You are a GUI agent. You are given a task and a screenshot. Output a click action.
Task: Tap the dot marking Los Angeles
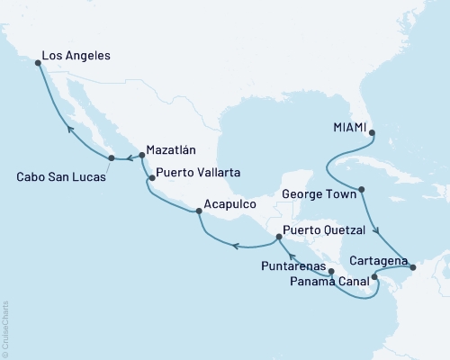click(x=37, y=63)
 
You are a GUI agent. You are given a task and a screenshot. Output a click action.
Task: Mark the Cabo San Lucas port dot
click(x=112, y=158)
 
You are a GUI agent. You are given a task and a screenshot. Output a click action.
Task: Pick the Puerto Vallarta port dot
click(x=151, y=178)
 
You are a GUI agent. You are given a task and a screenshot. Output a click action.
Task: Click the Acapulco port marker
click(x=199, y=212)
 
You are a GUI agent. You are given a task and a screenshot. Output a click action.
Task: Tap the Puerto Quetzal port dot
click(x=278, y=238)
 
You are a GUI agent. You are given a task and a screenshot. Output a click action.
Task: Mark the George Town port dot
click(x=361, y=190)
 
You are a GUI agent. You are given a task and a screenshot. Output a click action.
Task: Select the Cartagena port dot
click(x=412, y=267)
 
